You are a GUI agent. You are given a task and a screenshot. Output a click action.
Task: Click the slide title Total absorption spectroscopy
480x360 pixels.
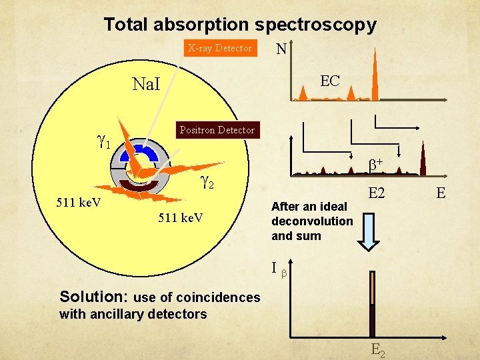[x=240, y=25]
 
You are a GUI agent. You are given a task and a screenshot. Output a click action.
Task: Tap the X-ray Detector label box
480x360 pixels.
[x=220, y=48]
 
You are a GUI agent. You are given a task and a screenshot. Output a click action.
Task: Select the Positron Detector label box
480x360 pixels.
[x=217, y=130]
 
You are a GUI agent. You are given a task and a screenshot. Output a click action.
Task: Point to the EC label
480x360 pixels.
[x=330, y=81]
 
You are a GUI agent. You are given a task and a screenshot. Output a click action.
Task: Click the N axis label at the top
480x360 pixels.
[x=281, y=49]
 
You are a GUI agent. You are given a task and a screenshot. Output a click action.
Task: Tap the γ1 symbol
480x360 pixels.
[x=103, y=141]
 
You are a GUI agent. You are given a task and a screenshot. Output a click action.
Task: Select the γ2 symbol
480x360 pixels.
[x=207, y=179]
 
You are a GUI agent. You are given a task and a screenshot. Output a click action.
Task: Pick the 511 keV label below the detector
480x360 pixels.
[x=181, y=219]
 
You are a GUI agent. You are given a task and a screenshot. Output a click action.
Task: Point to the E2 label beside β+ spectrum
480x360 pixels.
[x=377, y=193]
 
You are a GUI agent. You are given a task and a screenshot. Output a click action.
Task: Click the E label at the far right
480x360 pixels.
[x=440, y=193]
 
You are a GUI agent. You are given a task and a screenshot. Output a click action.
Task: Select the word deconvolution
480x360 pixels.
[x=312, y=221]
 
